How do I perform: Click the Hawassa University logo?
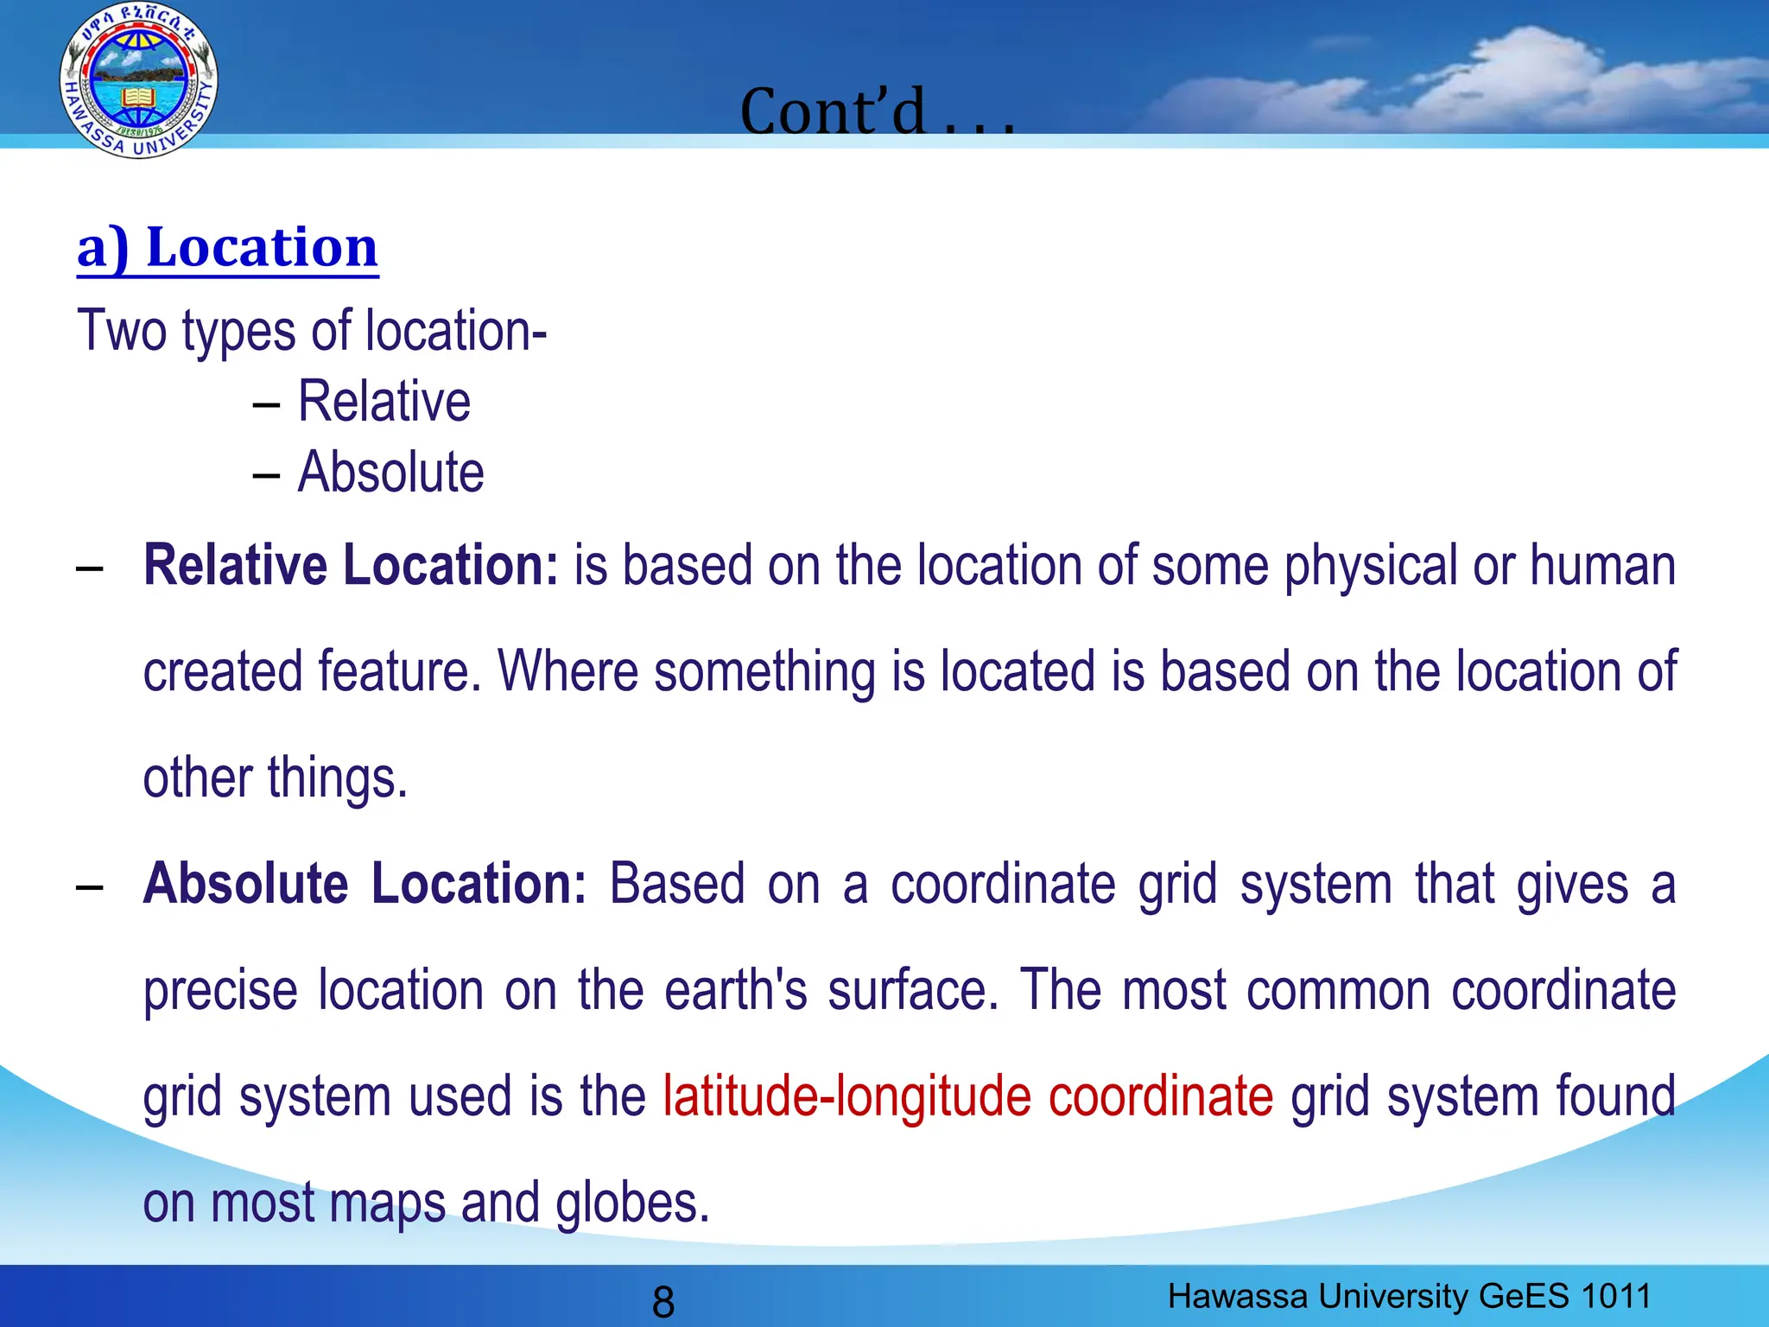pyautogui.click(x=138, y=80)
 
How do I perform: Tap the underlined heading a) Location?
pyautogui.click(x=227, y=248)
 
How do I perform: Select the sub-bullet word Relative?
pyautogui.click(x=384, y=402)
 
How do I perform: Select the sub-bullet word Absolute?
pyautogui.click(x=390, y=473)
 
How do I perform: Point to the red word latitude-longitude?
pyautogui.click(x=846, y=1096)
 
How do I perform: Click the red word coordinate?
pyautogui.click(x=1160, y=1096)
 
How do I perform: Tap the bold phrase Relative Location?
pyautogui.click(x=351, y=566)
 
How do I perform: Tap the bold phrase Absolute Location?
pyautogui.click(x=365, y=884)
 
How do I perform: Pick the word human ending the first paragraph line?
pyautogui.click(x=1602, y=566)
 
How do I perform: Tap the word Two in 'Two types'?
pyautogui.click(x=122, y=331)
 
